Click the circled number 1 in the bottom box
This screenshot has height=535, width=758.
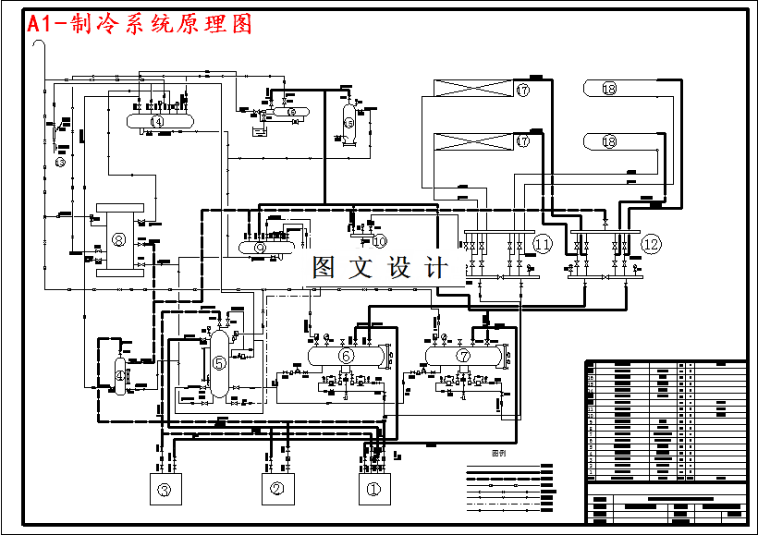374,490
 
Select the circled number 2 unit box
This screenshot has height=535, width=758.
276,490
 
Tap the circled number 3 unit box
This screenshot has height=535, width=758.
165,490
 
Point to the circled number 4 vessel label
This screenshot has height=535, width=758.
119,374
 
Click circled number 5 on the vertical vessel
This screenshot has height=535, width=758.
219,363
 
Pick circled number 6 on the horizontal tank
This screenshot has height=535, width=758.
346,355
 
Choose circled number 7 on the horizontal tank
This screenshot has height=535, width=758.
463,355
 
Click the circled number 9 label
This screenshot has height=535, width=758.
260,248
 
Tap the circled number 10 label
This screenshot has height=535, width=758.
379,241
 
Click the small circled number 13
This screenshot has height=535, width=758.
59,163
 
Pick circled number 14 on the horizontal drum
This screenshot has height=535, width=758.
157,121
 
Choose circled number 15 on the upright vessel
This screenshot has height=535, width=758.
348,122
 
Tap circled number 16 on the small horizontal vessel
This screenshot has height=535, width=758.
293,112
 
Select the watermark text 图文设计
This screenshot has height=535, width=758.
380,268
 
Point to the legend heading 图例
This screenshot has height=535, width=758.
498,454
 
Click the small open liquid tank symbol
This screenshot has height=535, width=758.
261,132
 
